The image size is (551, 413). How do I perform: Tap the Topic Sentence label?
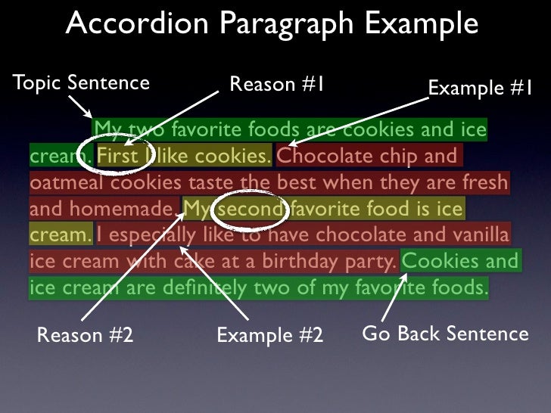(x=81, y=82)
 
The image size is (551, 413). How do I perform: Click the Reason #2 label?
(x=85, y=334)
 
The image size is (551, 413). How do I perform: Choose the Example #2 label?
(x=269, y=334)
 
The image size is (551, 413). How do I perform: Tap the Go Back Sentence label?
(x=446, y=333)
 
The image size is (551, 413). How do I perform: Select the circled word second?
(x=251, y=208)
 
